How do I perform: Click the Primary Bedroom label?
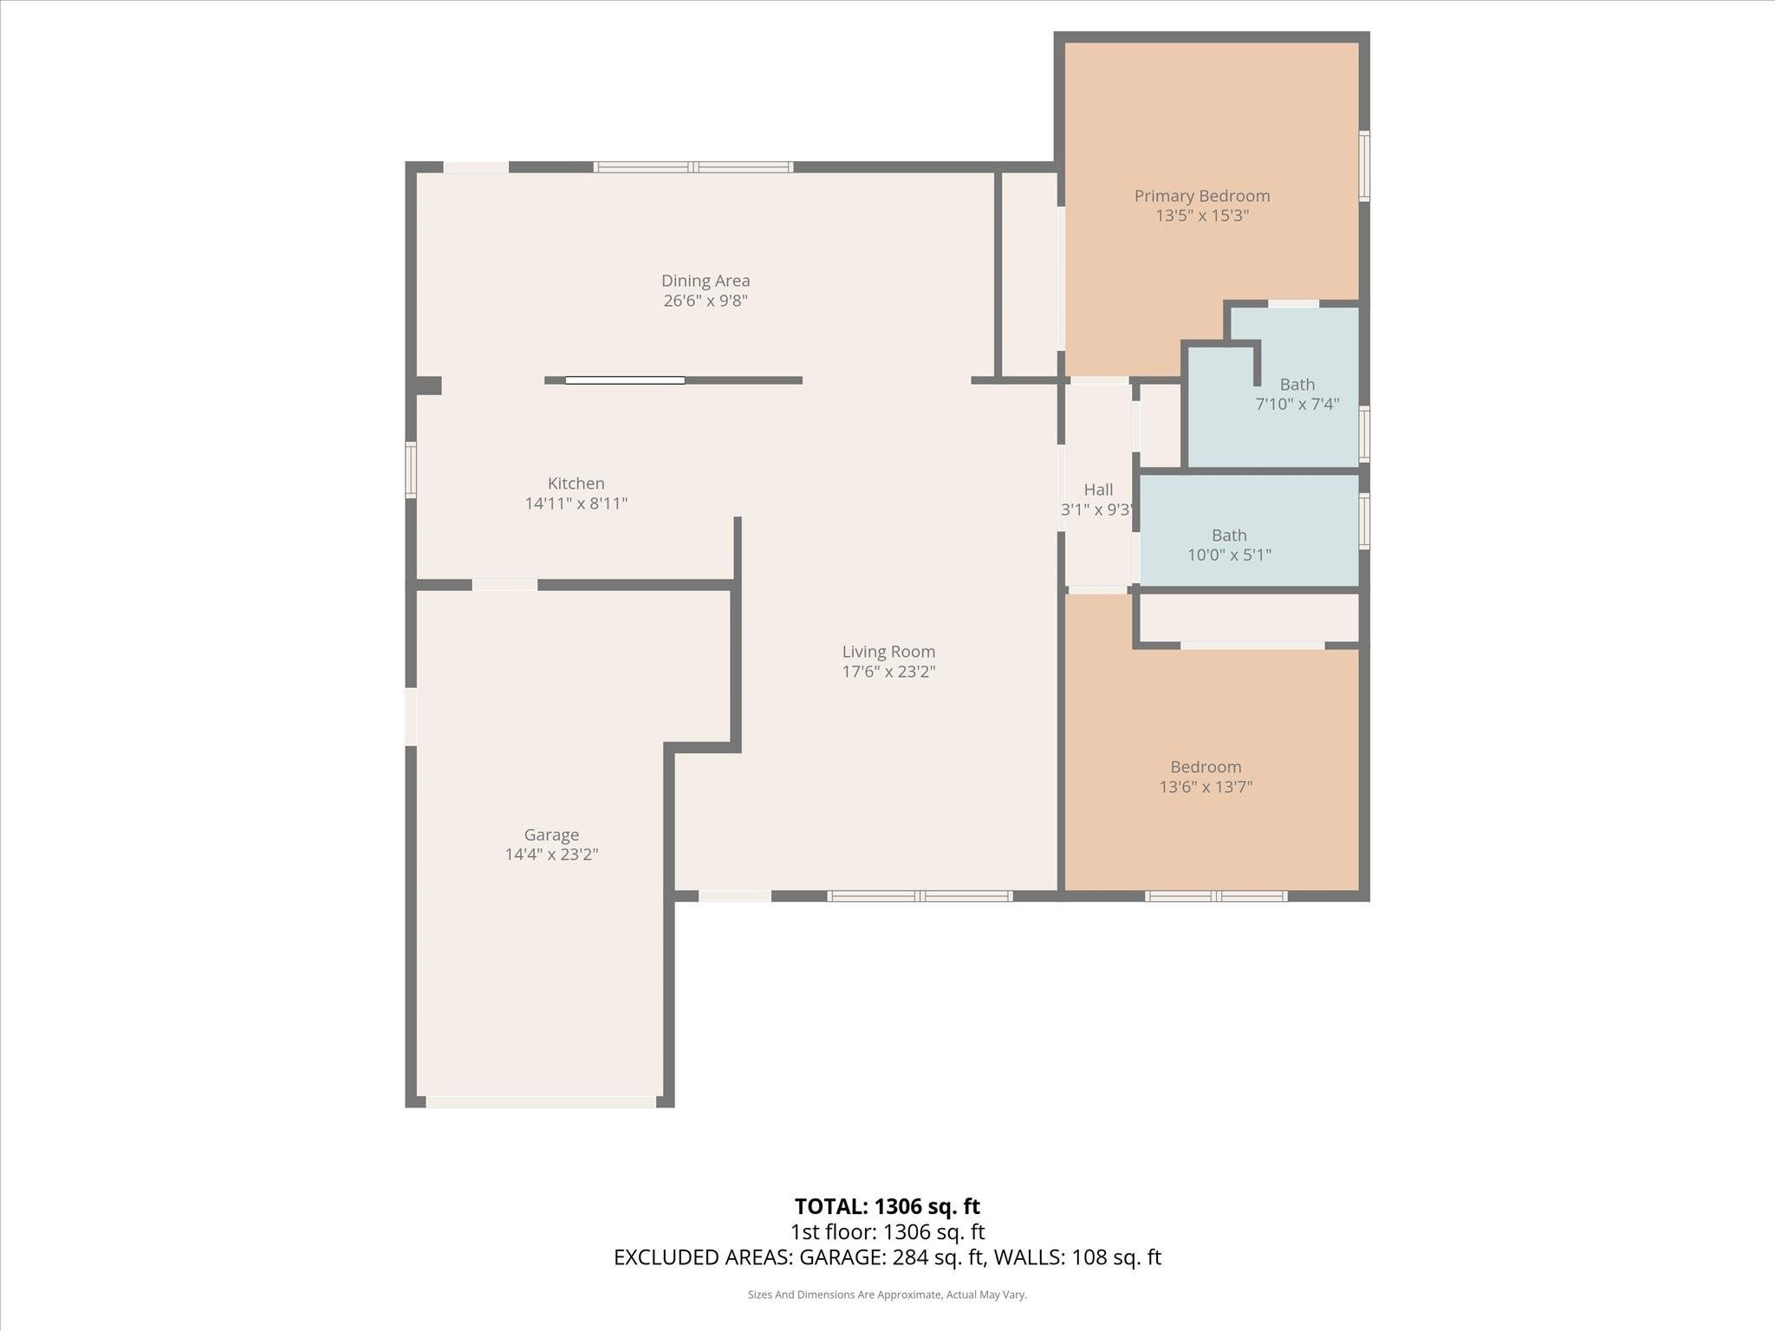click(1202, 196)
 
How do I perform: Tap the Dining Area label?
click(705, 281)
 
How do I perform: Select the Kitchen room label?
click(576, 484)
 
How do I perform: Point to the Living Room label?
click(888, 652)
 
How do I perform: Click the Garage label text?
click(551, 835)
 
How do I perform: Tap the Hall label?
click(1098, 490)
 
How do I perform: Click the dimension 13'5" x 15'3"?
click(1202, 216)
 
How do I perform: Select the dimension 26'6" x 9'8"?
click(705, 301)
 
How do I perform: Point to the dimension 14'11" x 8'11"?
click(576, 503)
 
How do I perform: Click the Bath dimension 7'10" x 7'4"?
click(1297, 404)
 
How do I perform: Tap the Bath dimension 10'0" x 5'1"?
click(1229, 555)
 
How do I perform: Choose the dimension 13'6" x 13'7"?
click(1206, 787)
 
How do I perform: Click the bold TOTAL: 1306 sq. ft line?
click(887, 1206)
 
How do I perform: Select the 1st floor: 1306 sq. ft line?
click(887, 1231)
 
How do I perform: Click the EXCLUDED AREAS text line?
click(887, 1257)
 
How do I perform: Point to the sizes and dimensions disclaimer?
click(887, 1295)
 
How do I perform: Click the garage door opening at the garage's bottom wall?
click(541, 1102)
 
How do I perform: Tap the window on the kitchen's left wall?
click(411, 470)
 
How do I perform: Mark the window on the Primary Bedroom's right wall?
click(1364, 166)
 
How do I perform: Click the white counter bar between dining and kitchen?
click(625, 380)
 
